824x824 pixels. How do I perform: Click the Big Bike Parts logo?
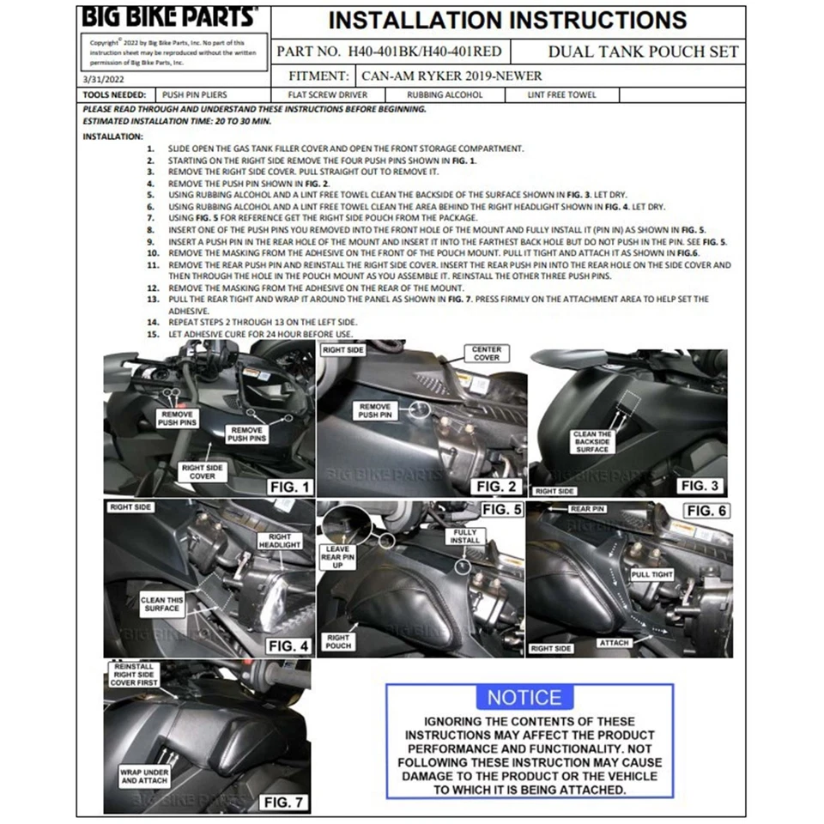coord(168,17)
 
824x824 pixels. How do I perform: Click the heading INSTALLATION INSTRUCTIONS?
coord(507,20)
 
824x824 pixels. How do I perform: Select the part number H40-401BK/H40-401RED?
coord(389,51)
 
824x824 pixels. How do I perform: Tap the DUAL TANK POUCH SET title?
coord(643,51)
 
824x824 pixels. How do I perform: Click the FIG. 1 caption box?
coord(289,487)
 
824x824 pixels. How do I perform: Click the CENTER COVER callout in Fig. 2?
coord(487,353)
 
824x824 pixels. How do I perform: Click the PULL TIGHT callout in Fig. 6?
coord(652,574)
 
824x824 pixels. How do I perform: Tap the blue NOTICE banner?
coord(524,697)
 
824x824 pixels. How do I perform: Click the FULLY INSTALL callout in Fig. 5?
coord(464,538)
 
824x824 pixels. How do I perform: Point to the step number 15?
coord(153,334)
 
